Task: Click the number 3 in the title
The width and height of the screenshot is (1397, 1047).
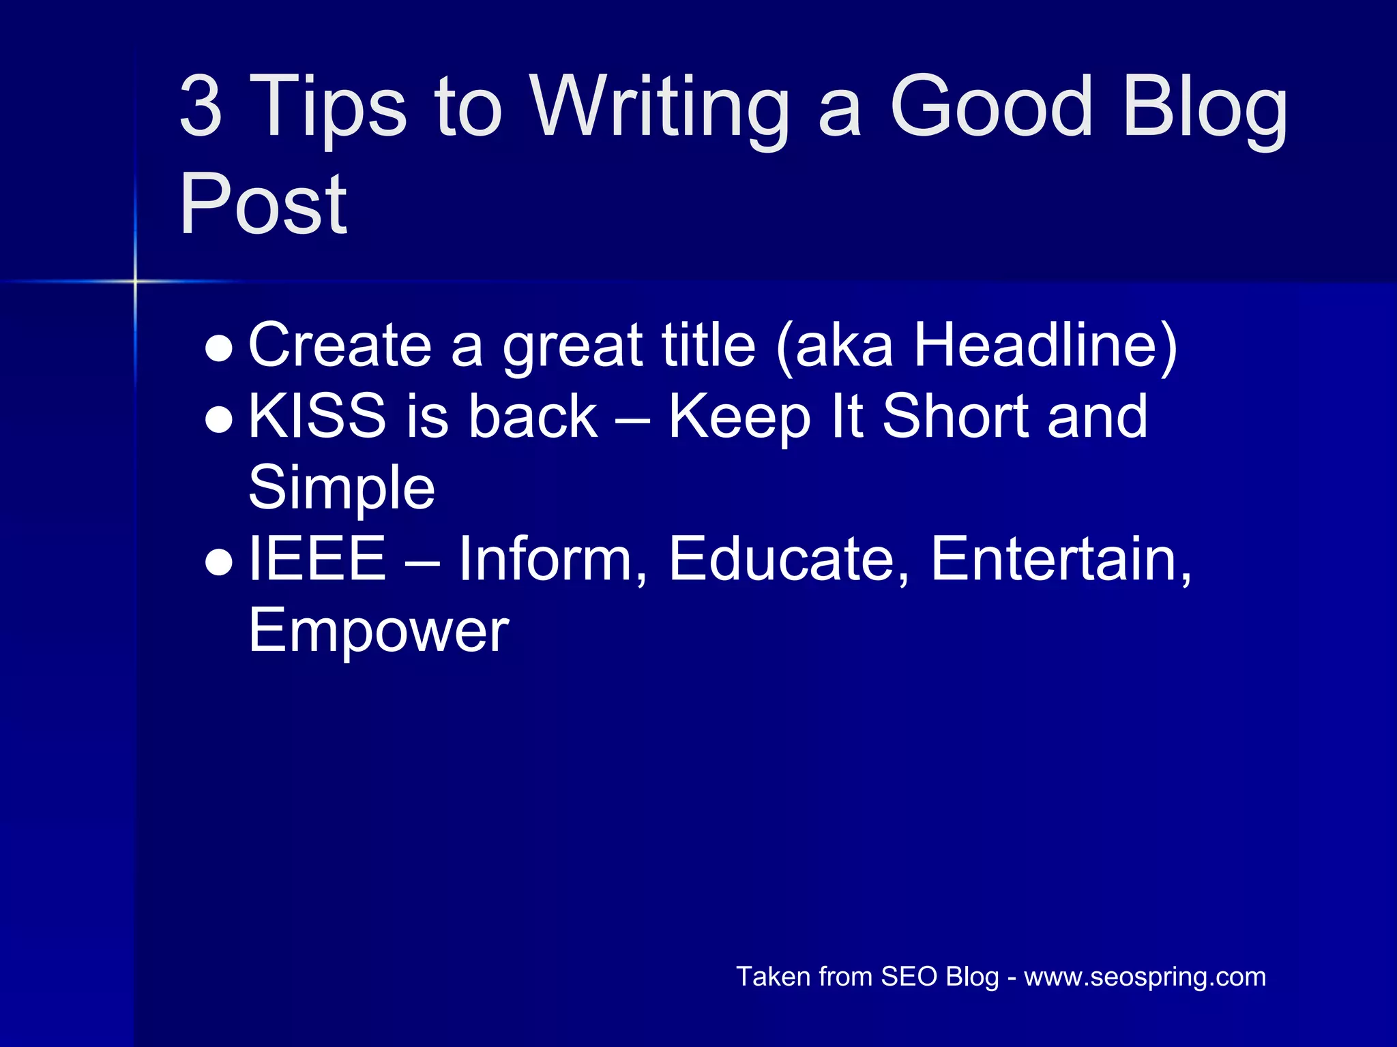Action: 201,106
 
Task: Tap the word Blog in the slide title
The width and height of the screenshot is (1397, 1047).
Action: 1205,109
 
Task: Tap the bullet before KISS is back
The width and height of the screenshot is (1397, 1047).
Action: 220,420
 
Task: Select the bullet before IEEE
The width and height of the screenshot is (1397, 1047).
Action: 220,562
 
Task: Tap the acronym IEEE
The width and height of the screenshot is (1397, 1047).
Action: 317,559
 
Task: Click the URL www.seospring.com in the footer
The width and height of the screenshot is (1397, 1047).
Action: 1145,977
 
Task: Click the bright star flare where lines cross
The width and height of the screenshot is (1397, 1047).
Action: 135,281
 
